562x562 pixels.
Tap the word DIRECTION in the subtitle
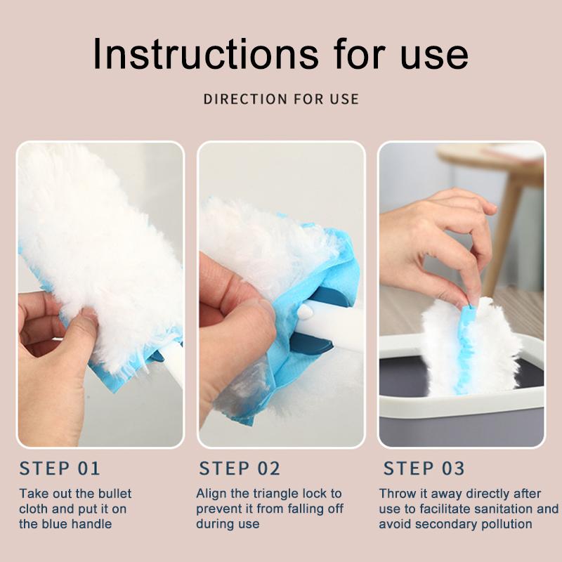(x=245, y=99)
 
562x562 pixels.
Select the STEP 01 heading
(x=60, y=469)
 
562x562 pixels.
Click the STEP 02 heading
(x=240, y=469)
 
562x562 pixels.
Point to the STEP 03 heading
(x=424, y=469)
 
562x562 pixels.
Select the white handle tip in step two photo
(x=306, y=311)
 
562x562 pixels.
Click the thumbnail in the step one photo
(x=88, y=315)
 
